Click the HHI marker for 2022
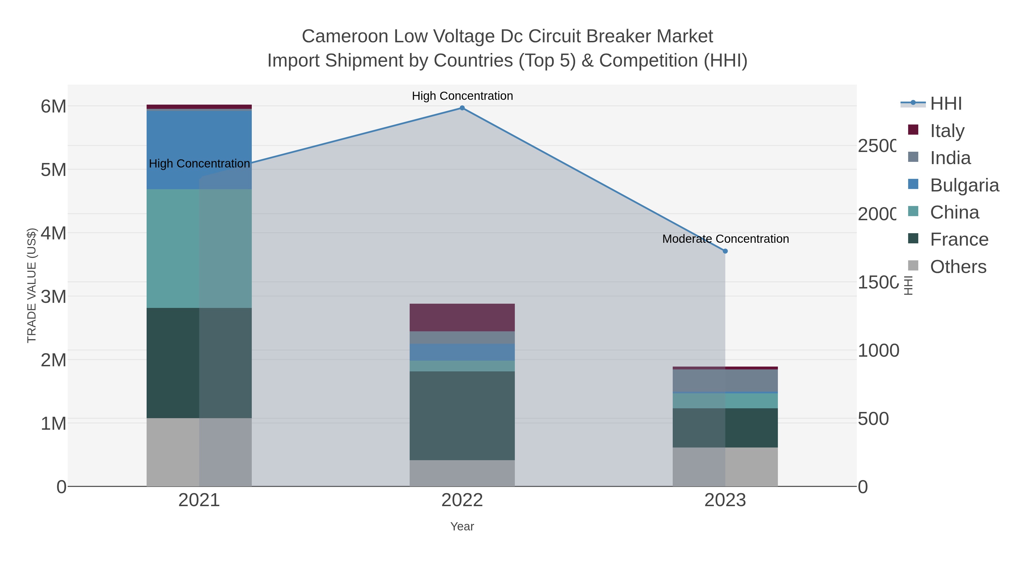462,108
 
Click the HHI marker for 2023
725,251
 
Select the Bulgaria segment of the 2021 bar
199,150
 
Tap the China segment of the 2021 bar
199,248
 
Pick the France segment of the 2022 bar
462,415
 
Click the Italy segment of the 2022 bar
462,317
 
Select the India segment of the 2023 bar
725,380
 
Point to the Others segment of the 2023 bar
725,467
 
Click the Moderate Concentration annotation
725,239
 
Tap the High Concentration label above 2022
462,96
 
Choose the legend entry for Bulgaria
964,185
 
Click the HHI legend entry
946,104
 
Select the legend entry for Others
958,267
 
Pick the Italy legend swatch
913,130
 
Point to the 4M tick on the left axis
54,233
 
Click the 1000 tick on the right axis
878,350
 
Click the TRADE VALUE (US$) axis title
32,285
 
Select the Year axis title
462,526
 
